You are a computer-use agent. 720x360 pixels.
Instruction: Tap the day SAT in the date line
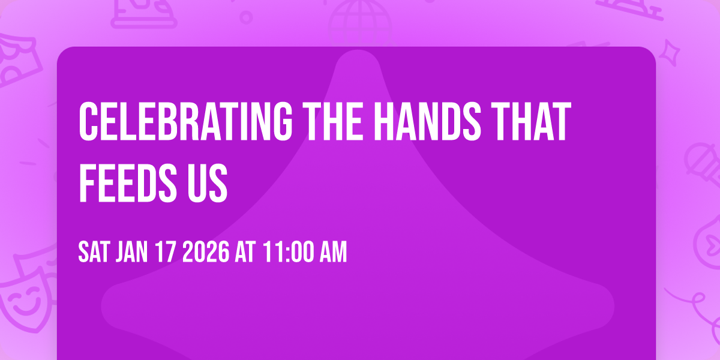click(93, 253)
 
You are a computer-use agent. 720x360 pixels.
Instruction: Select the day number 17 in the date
click(167, 253)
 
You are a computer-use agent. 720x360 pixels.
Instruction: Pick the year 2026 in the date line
click(205, 253)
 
